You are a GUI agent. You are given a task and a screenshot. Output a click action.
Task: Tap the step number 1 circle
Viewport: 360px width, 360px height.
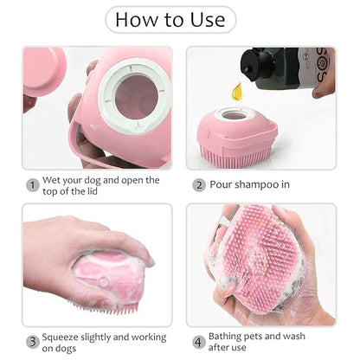click(x=32, y=184)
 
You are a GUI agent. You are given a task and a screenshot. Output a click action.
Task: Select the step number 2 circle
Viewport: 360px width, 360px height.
click(x=199, y=184)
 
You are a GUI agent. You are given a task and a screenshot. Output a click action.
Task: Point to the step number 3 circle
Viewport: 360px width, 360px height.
click(x=32, y=341)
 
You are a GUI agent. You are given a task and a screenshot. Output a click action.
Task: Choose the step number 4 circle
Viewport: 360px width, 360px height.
click(x=199, y=341)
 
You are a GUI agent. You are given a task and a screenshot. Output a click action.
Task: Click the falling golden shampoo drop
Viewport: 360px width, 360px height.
click(x=236, y=90)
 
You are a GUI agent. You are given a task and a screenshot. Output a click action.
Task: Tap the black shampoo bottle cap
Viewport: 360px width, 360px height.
click(x=260, y=66)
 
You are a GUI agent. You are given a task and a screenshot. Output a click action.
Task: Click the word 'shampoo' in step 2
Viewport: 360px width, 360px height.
click(x=258, y=184)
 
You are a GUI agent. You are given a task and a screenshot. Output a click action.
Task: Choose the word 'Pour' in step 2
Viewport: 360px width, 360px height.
click(x=222, y=184)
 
